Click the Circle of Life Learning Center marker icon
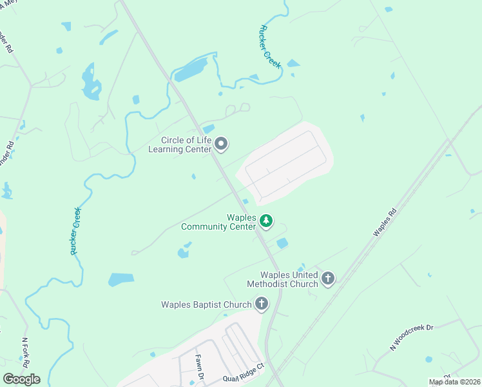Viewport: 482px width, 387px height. [221, 144]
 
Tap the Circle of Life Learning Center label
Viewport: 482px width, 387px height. [187, 145]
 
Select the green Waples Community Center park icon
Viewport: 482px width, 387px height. [266, 222]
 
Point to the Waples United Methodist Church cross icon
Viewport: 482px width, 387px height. [328, 279]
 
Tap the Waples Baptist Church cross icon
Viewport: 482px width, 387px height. [262, 303]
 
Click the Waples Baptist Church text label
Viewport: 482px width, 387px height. [207, 304]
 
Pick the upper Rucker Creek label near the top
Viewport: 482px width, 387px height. [270, 43]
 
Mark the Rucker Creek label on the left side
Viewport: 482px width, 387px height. [75, 230]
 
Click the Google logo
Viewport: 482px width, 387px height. [21, 379]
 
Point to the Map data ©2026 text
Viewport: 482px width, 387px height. [454, 382]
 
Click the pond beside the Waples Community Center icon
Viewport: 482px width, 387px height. [282, 243]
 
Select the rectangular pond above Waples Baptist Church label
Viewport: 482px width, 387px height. [121, 279]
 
